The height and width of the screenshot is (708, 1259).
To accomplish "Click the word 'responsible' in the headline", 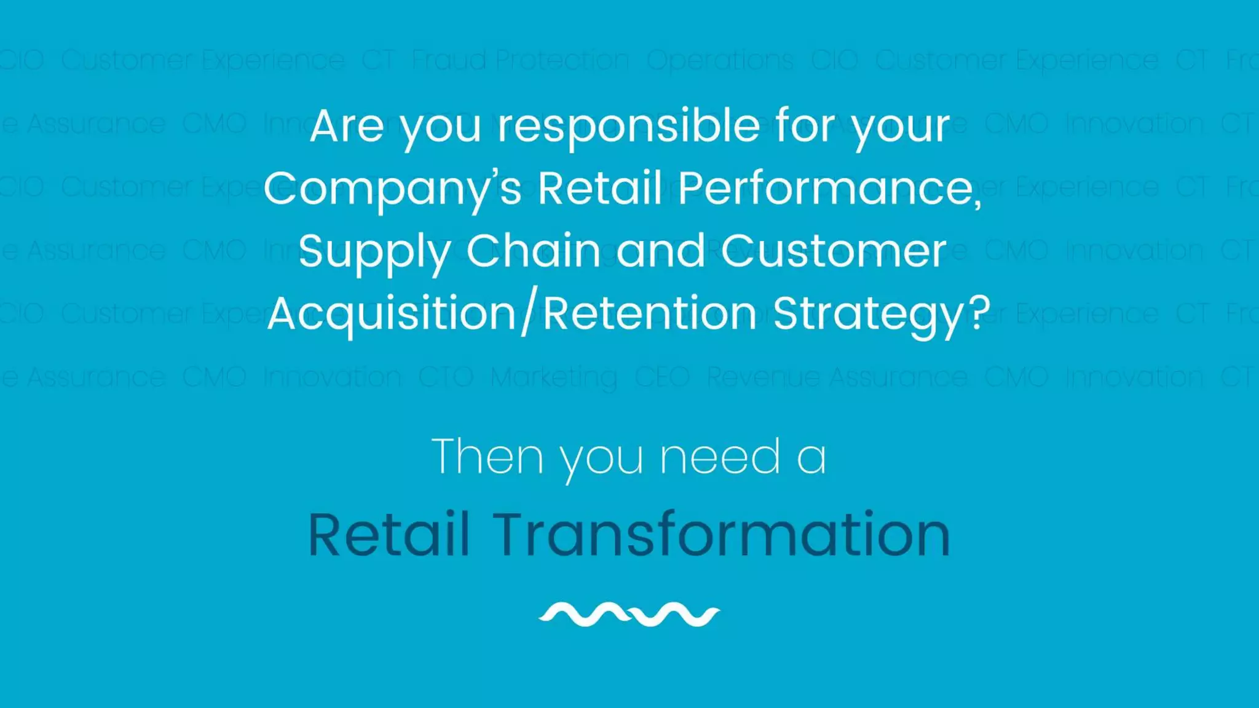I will click(629, 127).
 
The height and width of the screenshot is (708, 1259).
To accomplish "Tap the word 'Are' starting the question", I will click(347, 127).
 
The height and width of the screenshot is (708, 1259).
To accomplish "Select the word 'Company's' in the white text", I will click(393, 188).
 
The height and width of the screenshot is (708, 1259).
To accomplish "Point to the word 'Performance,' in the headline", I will click(830, 188).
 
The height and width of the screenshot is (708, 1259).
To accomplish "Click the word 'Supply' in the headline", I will click(375, 252).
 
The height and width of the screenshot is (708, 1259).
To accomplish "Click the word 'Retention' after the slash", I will click(649, 313).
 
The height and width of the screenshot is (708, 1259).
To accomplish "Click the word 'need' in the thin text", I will click(720, 457).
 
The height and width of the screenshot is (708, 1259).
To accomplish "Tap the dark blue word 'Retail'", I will click(389, 535).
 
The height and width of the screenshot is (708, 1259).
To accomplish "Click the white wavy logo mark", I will click(629, 614).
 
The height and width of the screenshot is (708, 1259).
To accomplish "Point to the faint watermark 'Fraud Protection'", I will click(521, 60).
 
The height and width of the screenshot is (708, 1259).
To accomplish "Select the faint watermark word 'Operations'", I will click(720, 60).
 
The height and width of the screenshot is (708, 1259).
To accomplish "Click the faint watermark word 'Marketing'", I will click(554, 377).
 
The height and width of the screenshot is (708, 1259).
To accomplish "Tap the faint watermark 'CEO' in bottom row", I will click(661, 377).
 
